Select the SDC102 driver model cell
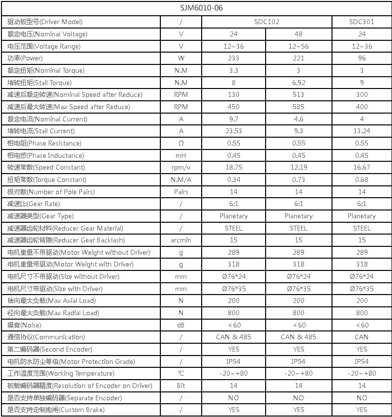coord(266,22)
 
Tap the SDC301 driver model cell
coord(362,22)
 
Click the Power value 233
coord(234,59)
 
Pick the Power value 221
coord(299,59)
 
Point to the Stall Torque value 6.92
coord(299,83)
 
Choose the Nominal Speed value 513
coord(299,95)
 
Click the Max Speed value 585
coord(299,107)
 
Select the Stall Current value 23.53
coord(234,131)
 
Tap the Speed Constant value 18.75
coord(234,168)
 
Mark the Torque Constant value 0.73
coord(299,179)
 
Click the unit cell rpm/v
coord(181,168)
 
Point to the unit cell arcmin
coord(181,240)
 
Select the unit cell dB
coord(181,325)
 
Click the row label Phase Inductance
coord(46,155)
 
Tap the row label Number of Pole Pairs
coord(51,192)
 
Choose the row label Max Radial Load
coord(52,313)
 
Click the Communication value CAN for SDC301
coord(362,337)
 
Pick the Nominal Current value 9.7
coord(234,119)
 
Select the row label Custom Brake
coord(56,410)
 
